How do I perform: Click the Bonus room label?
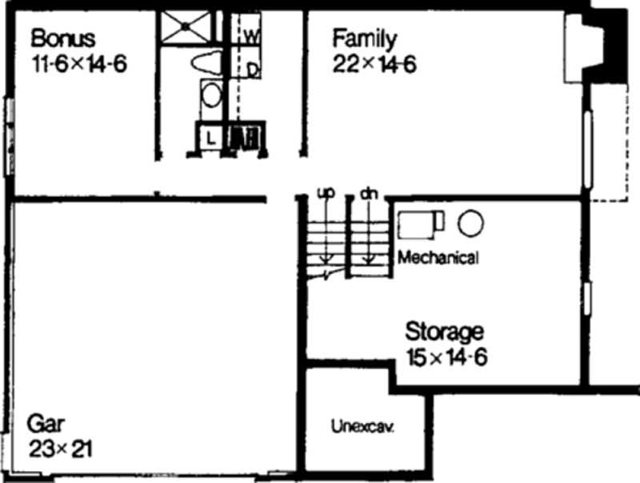pyautogui.click(x=63, y=38)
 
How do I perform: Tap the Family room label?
pyautogui.click(x=364, y=38)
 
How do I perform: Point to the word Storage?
pyautogui.click(x=444, y=330)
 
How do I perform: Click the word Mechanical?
pyautogui.click(x=438, y=258)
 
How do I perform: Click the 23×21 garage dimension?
pyautogui.click(x=61, y=448)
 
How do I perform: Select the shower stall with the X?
pyautogui.click(x=186, y=26)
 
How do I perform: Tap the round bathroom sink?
pyautogui.click(x=210, y=96)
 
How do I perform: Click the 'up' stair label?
pyautogui.click(x=325, y=194)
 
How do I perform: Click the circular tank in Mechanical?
pyautogui.click(x=470, y=222)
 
